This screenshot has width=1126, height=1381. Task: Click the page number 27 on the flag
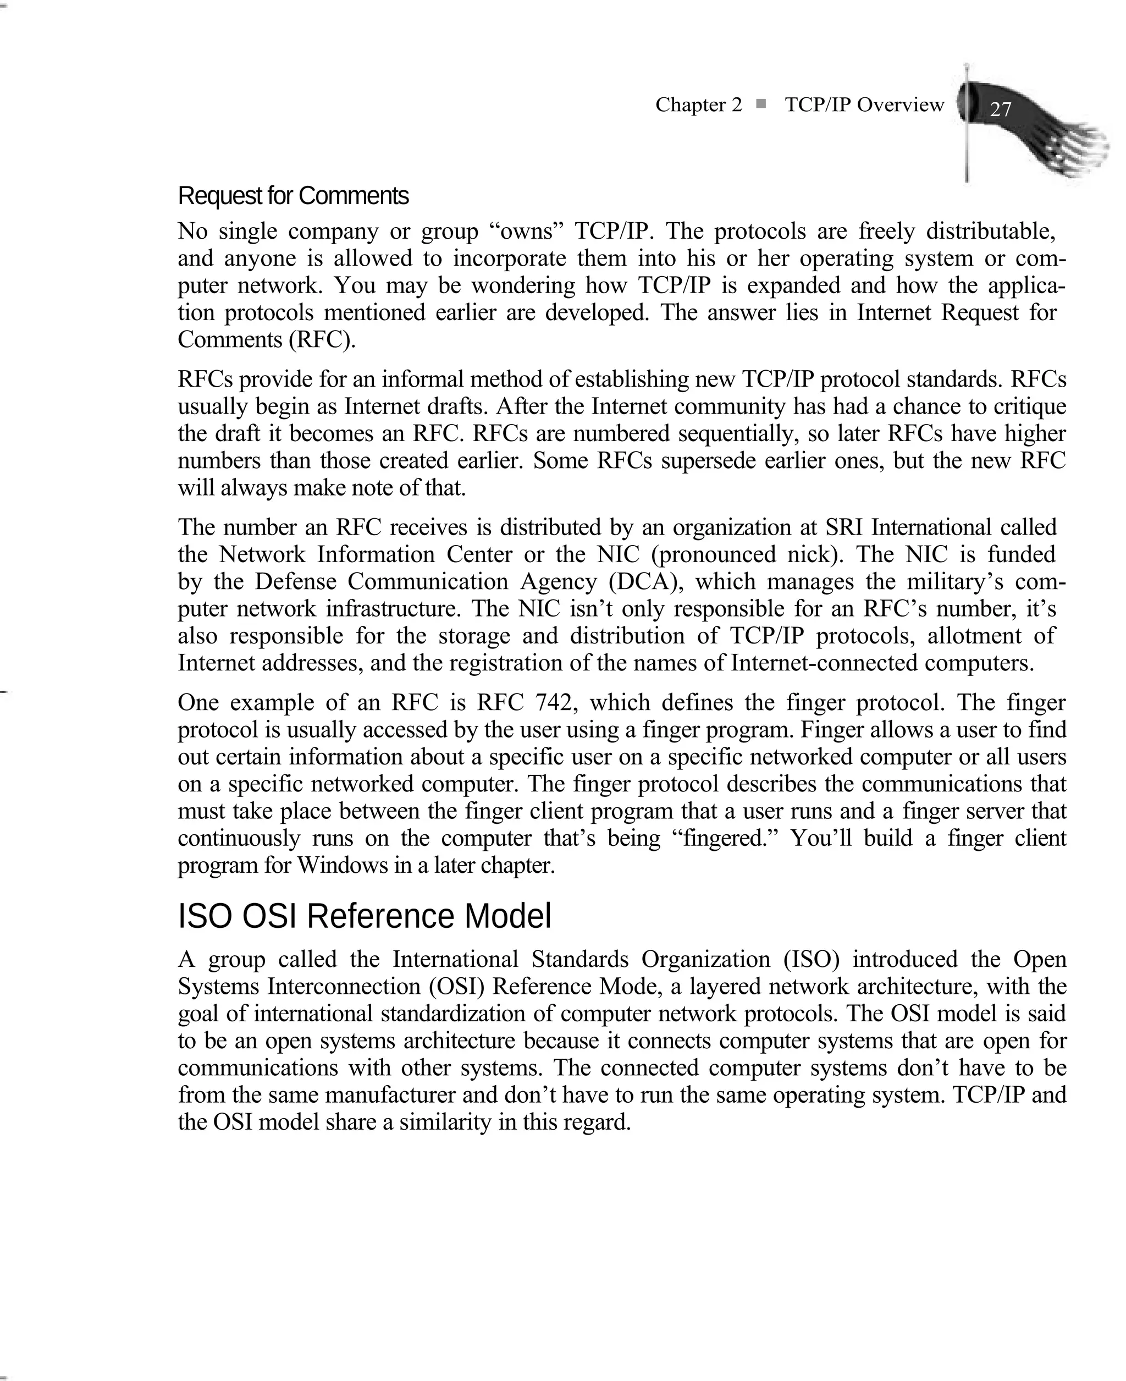(1000, 108)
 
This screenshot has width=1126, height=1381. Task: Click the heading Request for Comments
(293, 196)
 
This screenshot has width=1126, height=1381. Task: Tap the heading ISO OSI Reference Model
(365, 917)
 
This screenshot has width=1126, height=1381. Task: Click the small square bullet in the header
(761, 103)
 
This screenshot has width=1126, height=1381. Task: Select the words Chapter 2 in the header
(698, 104)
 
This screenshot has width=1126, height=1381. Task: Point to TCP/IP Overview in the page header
(864, 104)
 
